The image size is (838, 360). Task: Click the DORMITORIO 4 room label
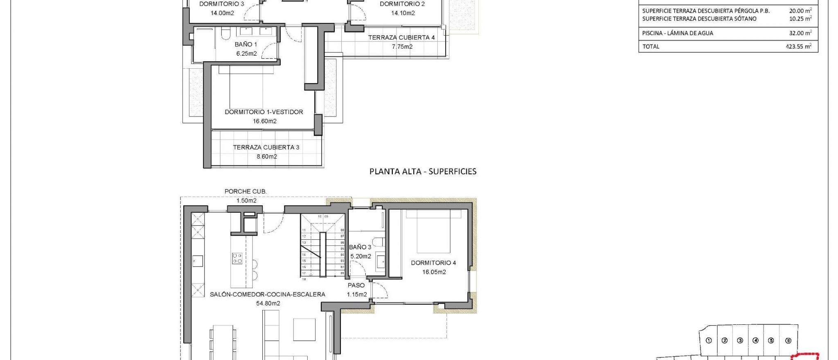(433, 263)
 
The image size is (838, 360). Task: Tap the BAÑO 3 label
(360, 247)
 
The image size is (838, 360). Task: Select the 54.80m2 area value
(268, 303)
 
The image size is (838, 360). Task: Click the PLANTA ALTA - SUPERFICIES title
(423, 171)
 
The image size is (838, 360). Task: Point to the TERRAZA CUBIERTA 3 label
(266, 147)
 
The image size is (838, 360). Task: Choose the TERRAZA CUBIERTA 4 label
(401, 38)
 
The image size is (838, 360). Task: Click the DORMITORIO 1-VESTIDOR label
(264, 112)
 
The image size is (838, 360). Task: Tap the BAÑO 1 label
(246, 44)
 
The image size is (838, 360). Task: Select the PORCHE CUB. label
(246, 191)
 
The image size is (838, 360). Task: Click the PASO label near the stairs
(356, 285)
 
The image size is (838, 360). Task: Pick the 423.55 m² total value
(798, 47)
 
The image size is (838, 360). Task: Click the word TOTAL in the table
(651, 47)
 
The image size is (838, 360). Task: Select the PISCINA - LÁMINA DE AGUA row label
(678, 33)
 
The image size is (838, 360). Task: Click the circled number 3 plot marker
(740, 341)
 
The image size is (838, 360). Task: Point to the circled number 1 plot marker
(709, 341)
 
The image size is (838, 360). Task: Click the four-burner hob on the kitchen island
(237, 258)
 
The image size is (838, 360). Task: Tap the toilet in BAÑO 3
(378, 241)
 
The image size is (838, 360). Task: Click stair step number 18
(304, 279)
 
